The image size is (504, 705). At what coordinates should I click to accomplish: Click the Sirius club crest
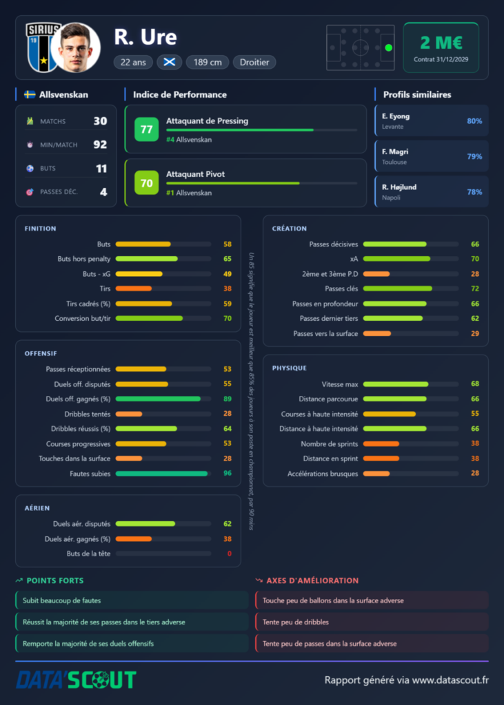click(43, 48)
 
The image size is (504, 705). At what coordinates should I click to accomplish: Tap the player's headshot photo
click(75, 48)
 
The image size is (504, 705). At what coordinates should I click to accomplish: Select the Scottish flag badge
click(170, 62)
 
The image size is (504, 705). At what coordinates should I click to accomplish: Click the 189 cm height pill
click(208, 62)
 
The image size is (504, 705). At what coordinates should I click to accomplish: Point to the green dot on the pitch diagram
click(389, 48)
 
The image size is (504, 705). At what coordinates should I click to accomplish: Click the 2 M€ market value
click(441, 43)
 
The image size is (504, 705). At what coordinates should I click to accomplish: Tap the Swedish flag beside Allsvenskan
click(30, 94)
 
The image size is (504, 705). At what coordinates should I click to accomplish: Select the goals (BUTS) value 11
click(101, 169)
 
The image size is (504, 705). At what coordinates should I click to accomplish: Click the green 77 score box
click(146, 129)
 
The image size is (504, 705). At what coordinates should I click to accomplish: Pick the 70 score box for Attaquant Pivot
click(146, 182)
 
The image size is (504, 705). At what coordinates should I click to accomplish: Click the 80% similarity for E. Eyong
click(474, 121)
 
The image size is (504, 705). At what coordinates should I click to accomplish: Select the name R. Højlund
click(399, 187)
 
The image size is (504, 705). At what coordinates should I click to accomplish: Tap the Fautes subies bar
click(162, 474)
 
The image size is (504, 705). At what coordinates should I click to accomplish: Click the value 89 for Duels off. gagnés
click(228, 399)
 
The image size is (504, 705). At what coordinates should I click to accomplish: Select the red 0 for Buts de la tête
click(230, 554)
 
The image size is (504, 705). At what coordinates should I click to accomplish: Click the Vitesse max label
click(340, 384)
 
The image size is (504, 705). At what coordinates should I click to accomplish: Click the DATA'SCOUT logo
click(76, 680)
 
